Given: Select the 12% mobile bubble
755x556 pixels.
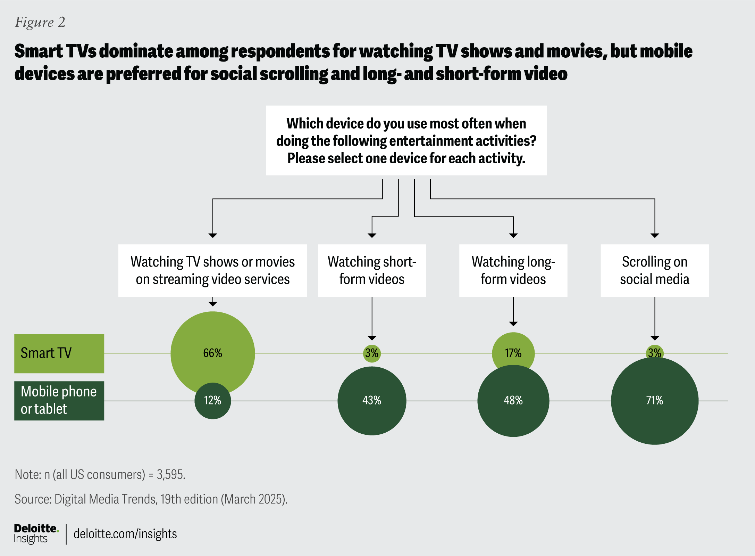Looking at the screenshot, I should pyautogui.click(x=212, y=401).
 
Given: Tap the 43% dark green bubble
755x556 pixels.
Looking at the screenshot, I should pyautogui.click(x=372, y=401).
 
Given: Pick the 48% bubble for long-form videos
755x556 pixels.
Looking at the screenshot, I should pyautogui.click(x=513, y=401).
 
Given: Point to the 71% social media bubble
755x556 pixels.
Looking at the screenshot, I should pyautogui.click(x=654, y=401).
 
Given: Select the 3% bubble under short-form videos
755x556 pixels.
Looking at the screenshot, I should pyautogui.click(x=372, y=353).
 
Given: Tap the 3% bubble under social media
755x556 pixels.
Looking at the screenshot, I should pyautogui.click(x=654, y=352).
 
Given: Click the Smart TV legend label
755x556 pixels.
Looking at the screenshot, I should pyautogui.click(x=59, y=353).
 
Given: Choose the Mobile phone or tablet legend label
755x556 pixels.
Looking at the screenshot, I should pyautogui.click(x=59, y=401).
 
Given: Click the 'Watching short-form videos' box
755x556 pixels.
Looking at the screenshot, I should pyautogui.click(x=372, y=270).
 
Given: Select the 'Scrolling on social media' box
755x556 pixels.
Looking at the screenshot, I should pyautogui.click(x=654, y=270).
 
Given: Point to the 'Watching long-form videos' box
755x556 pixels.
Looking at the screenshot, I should pyautogui.click(x=513, y=270).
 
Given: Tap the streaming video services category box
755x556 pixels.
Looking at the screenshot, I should pyautogui.click(x=212, y=270).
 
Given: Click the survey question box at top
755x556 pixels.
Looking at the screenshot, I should pyautogui.click(x=406, y=140).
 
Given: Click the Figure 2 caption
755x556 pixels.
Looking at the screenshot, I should pyautogui.click(x=40, y=22).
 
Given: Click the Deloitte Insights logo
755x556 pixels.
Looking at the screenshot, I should pyautogui.click(x=36, y=534).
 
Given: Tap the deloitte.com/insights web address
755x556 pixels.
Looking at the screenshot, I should pyautogui.click(x=125, y=534).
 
